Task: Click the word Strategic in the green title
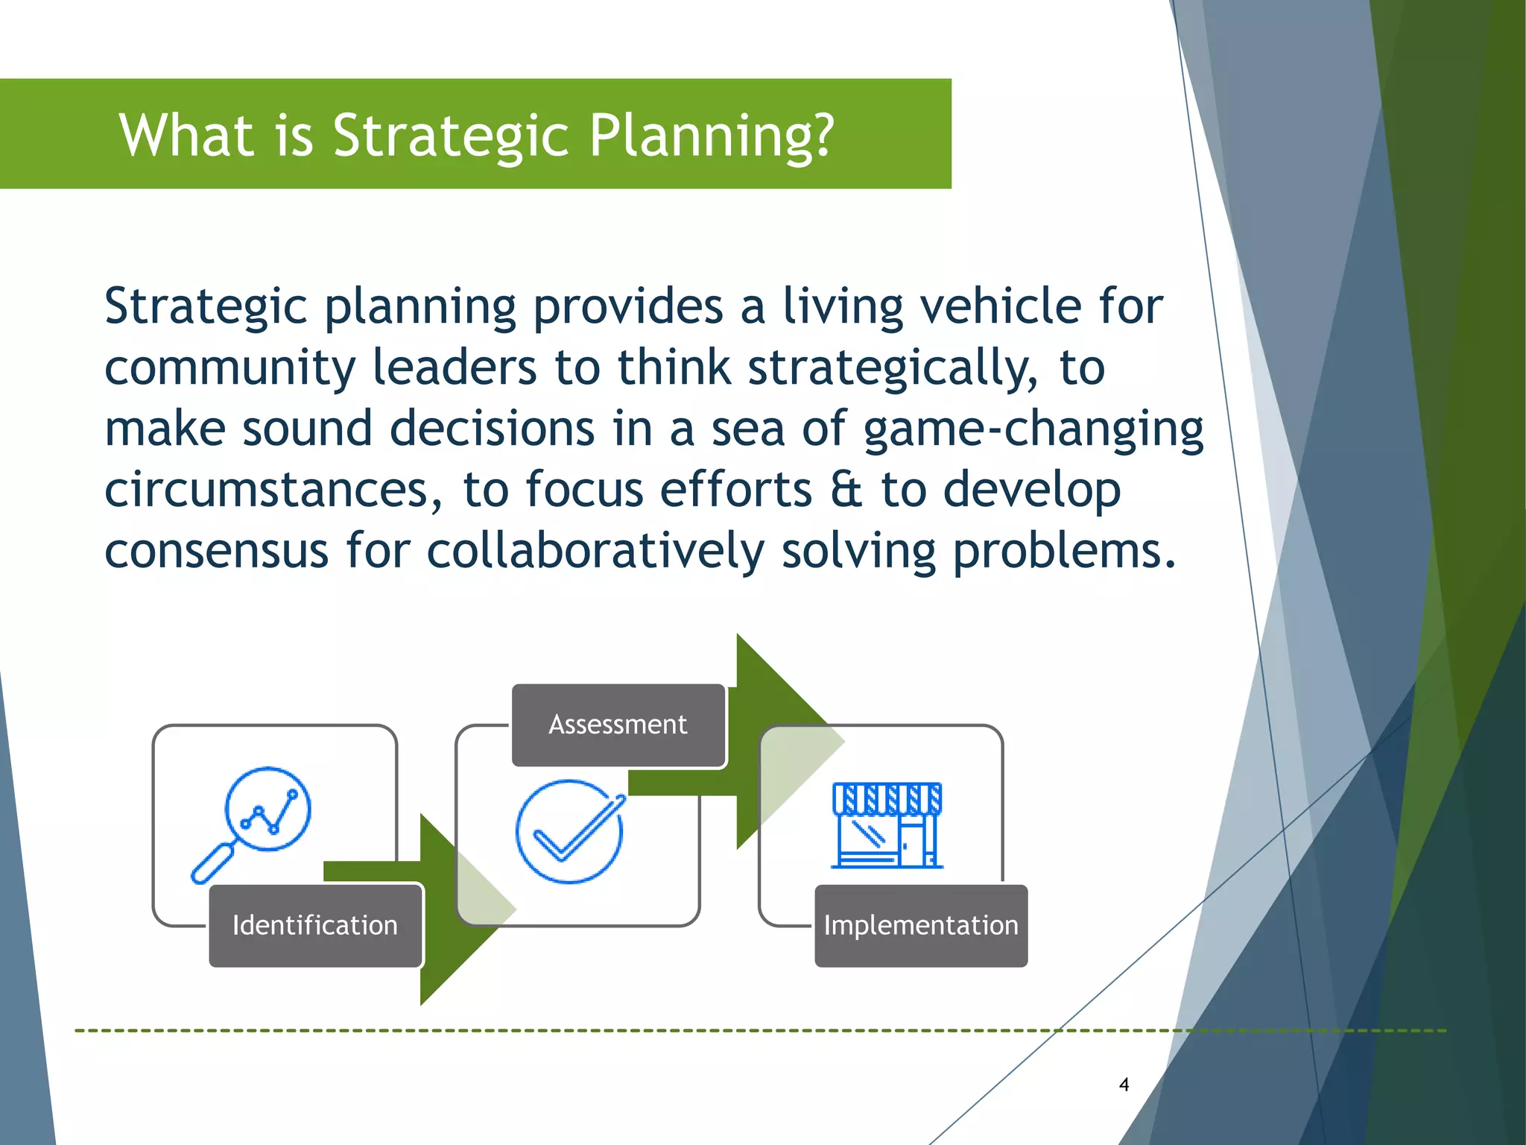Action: pyautogui.click(x=451, y=136)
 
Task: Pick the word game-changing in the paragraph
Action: pyautogui.click(x=1033, y=430)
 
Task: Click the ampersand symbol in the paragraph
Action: pyautogui.click(x=846, y=491)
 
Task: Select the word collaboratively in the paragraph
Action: pyautogui.click(x=595, y=552)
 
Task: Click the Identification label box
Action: pyautogui.click(x=315, y=925)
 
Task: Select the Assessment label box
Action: pyautogui.click(x=618, y=725)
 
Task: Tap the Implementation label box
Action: pyautogui.click(x=920, y=925)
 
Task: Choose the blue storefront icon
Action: pyautogui.click(x=887, y=825)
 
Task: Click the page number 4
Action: pyautogui.click(x=1124, y=1085)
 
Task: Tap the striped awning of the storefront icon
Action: pyautogui.click(x=887, y=798)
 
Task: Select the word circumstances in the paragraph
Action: pyautogui.click(x=265, y=491)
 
